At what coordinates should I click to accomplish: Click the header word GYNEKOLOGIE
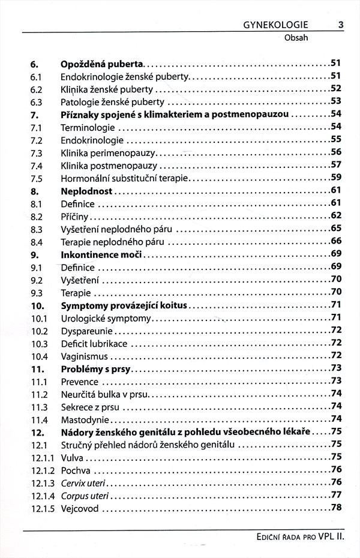coord(276,25)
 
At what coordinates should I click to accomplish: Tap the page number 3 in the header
coord(341,25)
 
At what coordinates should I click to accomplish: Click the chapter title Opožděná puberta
coord(103,63)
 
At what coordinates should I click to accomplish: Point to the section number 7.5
coord(35,178)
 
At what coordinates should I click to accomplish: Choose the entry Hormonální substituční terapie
coord(125,178)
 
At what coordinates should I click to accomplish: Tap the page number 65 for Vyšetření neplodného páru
coord(335,229)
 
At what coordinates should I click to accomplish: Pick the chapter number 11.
coord(35,368)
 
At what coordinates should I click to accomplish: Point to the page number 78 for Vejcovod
coord(335,508)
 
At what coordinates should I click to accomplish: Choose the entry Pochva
coord(75,470)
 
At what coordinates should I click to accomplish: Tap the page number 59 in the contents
coord(335,178)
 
